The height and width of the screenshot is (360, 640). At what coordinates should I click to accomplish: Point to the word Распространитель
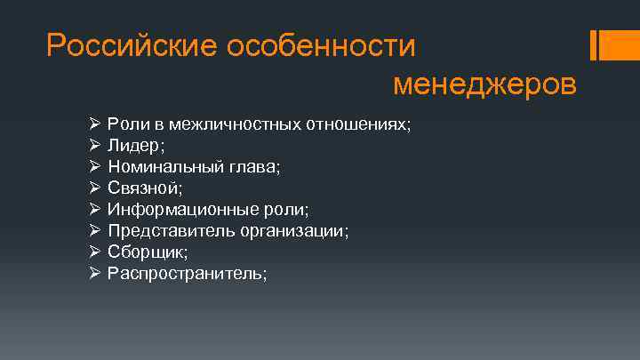[186, 273]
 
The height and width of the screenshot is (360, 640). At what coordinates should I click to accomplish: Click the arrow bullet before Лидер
[95, 145]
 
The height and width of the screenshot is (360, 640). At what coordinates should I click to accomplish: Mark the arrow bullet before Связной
[95, 188]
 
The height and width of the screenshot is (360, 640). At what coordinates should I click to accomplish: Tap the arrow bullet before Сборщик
[95, 252]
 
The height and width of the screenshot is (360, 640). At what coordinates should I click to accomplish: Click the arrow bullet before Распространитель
[95, 273]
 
